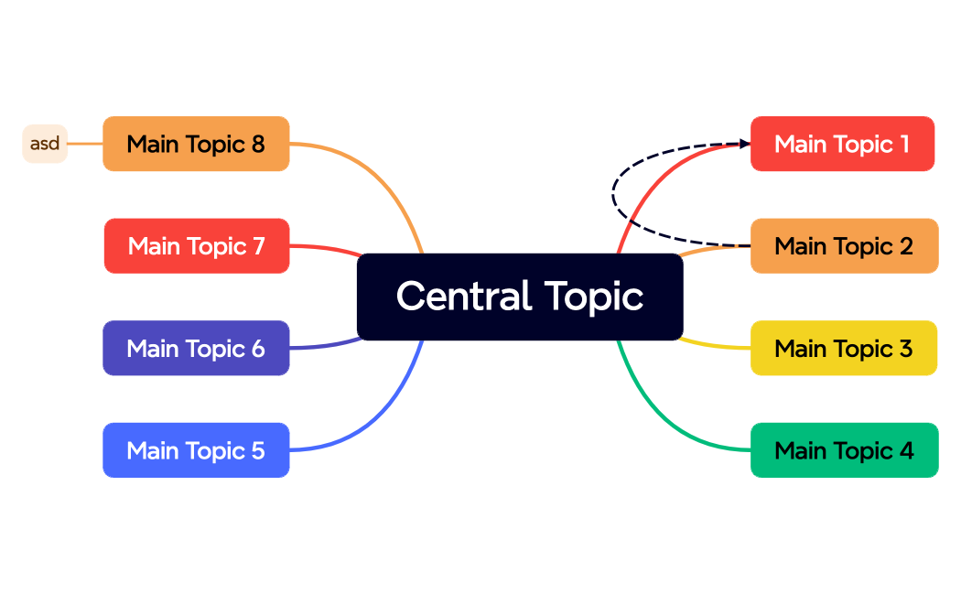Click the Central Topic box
(x=519, y=297)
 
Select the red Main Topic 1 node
(x=842, y=144)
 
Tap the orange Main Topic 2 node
(x=844, y=246)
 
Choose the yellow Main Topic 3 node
(x=844, y=349)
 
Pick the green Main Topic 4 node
(x=844, y=450)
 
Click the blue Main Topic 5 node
(x=196, y=450)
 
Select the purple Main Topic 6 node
(x=196, y=349)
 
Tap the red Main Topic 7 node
(x=197, y=246)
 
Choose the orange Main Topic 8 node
(x=196, y=144)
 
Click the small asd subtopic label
(x=45, y=144)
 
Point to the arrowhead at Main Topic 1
(x=743, y=143)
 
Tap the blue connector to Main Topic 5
(x=384, y=412)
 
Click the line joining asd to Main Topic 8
(x=85, y=144)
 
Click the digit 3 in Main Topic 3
(x=905, y=349)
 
